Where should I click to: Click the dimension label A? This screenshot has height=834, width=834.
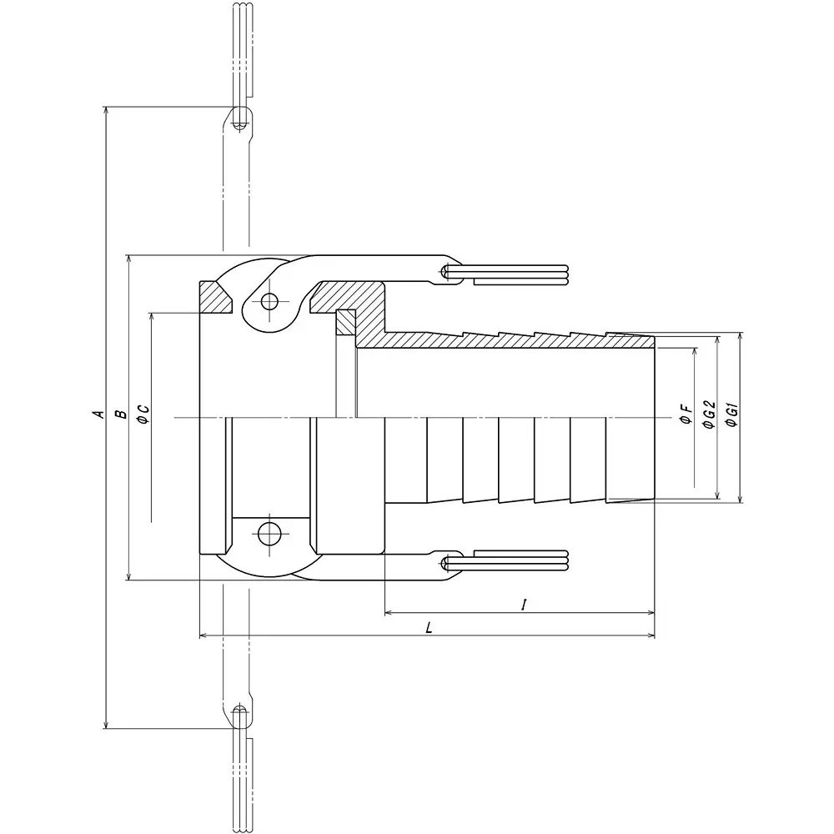coord(98,414)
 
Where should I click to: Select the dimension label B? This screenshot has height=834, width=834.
coord(119,414)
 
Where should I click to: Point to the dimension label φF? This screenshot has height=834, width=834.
coord(685,414)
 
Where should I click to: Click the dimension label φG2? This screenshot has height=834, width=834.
coord(709,414)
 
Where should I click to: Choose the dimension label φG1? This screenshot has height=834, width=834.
coord(732,414)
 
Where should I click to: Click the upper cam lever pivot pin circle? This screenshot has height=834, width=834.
coord(269,302)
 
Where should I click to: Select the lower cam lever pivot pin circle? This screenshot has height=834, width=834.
coord(269,532)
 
